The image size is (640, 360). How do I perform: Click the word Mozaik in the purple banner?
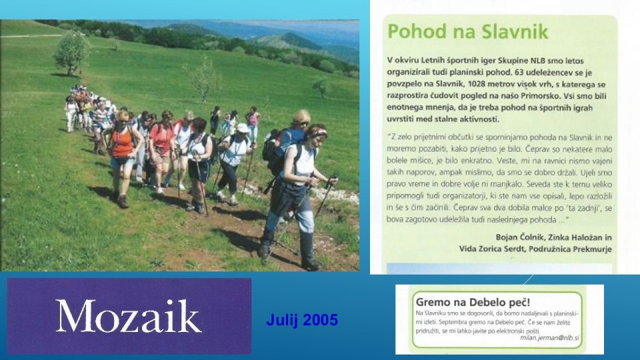(129, 316)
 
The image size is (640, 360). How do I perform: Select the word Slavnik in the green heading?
(515, 31)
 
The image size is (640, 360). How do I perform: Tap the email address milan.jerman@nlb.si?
(549, 337)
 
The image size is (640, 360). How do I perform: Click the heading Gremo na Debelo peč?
(473, 303)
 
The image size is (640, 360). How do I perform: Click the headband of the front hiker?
(318, 133)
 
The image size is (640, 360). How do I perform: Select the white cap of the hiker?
(243, 128)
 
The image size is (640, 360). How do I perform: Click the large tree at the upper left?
(72, 53)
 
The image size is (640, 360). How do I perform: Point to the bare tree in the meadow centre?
(203, 79)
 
